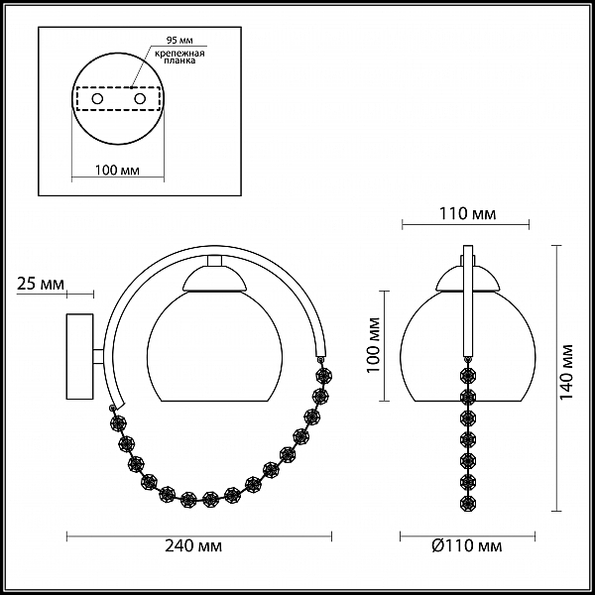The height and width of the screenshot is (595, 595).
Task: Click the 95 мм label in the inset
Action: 179,41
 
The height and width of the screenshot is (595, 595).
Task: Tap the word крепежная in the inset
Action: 179,54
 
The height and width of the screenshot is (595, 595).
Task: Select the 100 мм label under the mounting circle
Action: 117,170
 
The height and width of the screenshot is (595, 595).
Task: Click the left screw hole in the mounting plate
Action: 97,99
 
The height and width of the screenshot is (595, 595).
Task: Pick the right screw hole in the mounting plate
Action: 140,99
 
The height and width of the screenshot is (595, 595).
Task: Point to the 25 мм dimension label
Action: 41,284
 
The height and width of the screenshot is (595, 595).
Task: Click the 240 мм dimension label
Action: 193,546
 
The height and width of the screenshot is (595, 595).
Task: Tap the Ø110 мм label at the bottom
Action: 467,546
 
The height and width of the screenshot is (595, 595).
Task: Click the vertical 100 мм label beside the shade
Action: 374,345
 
